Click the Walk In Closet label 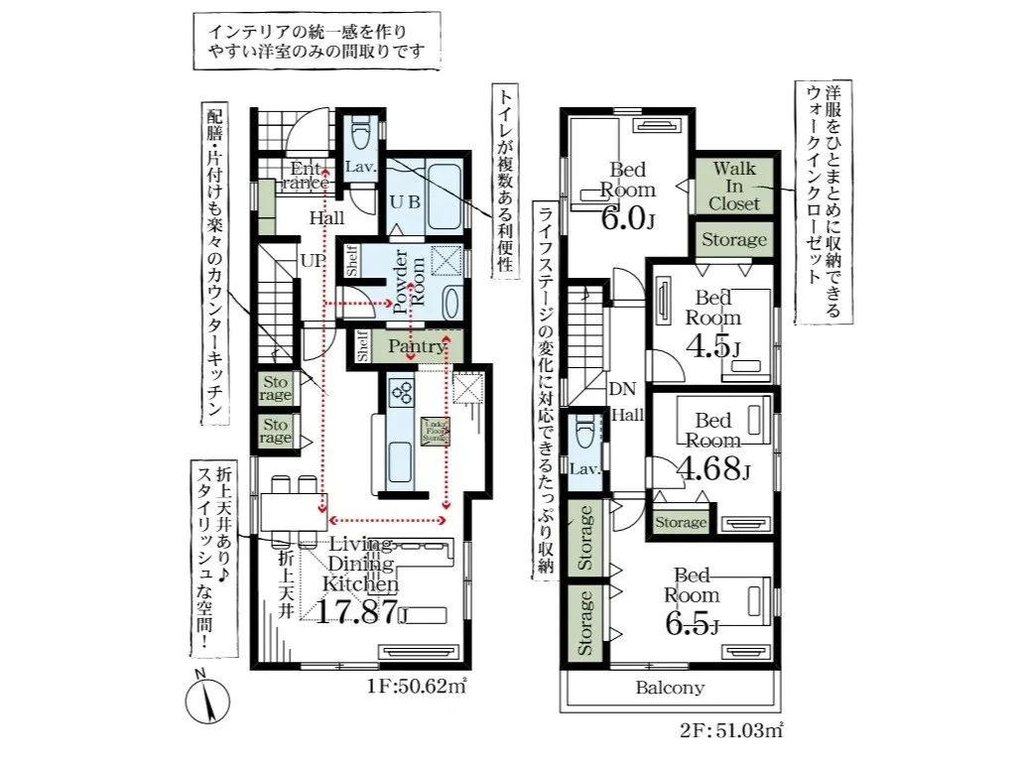point(734,185)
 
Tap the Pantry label point(415,346)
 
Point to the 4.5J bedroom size point(712,346)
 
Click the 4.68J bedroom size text point(712,469)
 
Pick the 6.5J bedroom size point(691,624)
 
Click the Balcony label point(670,687)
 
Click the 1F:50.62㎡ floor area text point(418,685)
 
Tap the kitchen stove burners point(402,393)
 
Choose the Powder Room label point(410,285)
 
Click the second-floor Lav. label point(585,468)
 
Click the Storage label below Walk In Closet point(734,239)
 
